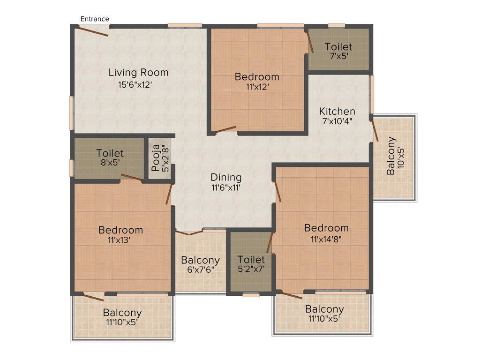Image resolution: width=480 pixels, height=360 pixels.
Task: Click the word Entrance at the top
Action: pos(95,19)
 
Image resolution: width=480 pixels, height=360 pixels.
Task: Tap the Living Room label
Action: pos(138,73)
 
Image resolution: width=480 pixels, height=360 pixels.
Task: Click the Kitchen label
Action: pos(337,112)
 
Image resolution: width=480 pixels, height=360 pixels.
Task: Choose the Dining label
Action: pos(226,178)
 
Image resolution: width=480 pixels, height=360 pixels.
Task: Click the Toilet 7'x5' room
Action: pos(338,51)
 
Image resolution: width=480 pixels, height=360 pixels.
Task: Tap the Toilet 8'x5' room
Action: pos(110,157)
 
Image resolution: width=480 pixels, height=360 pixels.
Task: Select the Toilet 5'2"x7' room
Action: pos(251,264)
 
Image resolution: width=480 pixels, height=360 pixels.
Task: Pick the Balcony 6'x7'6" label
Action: pos(200,265)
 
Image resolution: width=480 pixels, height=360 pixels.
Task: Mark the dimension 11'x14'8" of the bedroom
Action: pos(326,239)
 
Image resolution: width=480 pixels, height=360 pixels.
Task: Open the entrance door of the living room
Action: pos(93,31)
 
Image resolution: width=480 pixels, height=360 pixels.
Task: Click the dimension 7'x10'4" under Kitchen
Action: pos(337,121)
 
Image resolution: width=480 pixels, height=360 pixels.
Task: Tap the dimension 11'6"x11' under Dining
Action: pos(226,187)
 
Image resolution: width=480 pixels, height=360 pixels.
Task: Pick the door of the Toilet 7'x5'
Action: pos(310,43)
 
